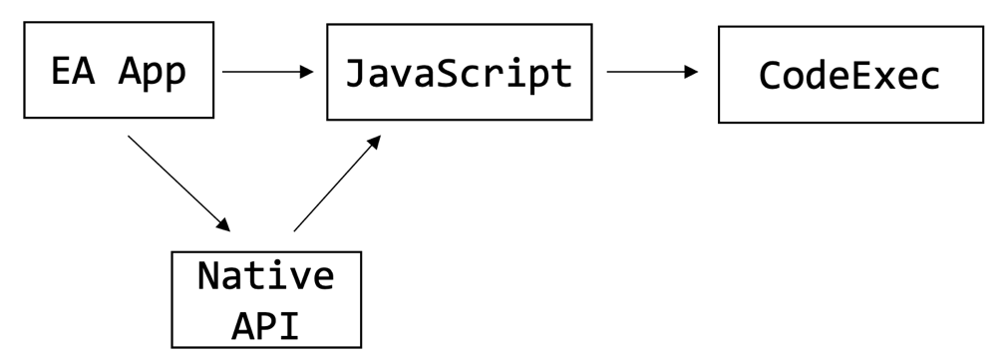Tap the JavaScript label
click(459, 73)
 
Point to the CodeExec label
click(849, 76)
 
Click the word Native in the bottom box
click(266, 274)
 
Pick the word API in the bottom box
click(266, 324)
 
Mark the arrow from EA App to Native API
click(180, 182)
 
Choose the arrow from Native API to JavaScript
click(337, 183)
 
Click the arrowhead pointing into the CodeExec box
click(691, 72)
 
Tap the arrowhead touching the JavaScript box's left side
click(306, 72)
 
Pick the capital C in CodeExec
click(770, 76)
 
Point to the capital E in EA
click(61, 72)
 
